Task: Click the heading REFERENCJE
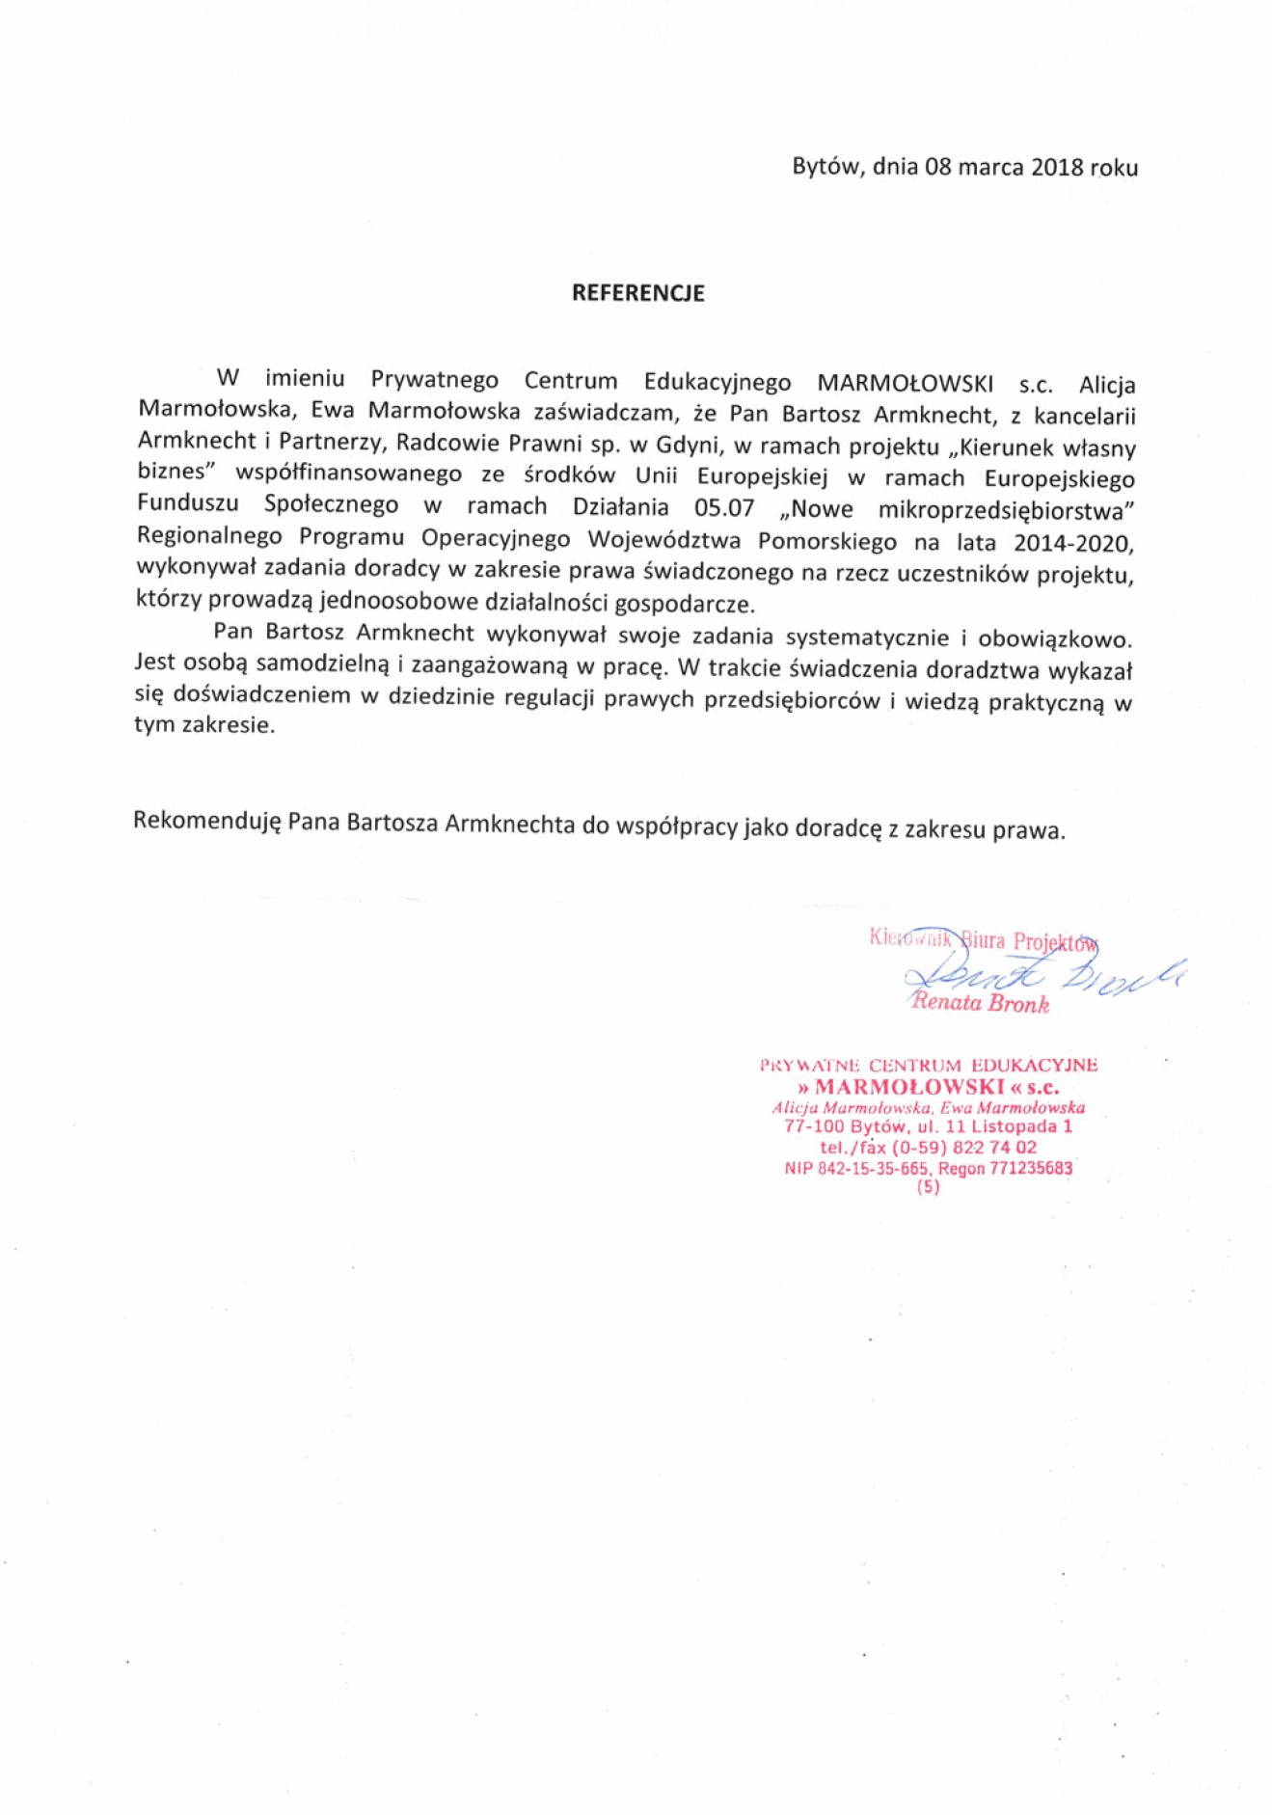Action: (637, 293)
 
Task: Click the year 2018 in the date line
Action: (1056, 167)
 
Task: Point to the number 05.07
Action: (723, 507)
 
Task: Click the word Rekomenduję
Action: (206, 822)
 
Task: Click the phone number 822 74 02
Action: (994, 1147)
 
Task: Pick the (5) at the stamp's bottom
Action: (928, 1187)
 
